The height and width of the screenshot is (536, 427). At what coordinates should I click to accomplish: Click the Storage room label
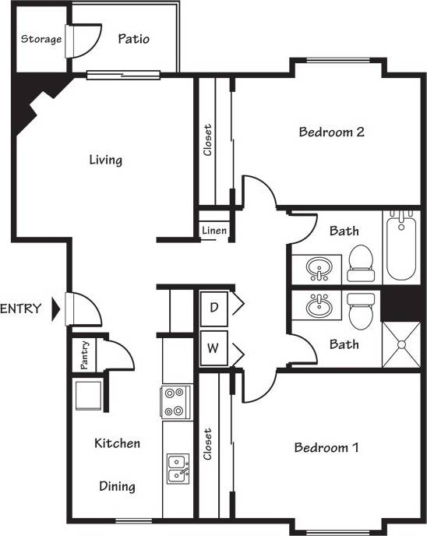[41, 40]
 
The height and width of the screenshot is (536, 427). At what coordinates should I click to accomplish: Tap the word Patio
[133, 38]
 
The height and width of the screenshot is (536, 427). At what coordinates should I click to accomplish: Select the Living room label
[105, 160]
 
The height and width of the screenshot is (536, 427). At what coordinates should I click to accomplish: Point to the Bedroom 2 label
[331, 132]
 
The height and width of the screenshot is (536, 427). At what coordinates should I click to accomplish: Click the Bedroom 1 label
[326, 448]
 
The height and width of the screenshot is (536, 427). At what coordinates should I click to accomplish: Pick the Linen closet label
[213, 231]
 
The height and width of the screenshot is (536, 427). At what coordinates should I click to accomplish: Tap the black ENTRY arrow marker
[55, 309]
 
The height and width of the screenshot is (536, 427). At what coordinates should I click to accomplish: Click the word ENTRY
[21, 309]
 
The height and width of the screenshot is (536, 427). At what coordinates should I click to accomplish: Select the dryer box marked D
[213, 307]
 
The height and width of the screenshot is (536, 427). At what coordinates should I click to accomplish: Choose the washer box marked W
[213, 348]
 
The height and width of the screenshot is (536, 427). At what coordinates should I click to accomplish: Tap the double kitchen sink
[178, 469]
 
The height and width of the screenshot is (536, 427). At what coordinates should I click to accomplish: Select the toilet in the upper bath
[360, 263]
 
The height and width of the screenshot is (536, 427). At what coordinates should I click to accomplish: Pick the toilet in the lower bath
[360, 311]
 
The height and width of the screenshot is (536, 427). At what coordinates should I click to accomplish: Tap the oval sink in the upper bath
[318, 270]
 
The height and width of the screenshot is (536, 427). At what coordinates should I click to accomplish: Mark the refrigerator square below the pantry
[87, 394]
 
